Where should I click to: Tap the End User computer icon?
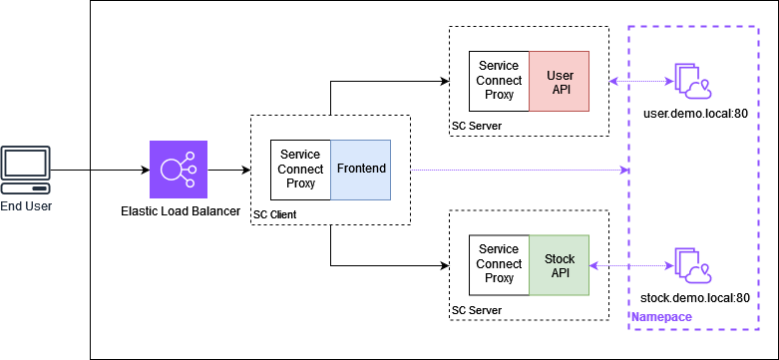(x=24, y=171)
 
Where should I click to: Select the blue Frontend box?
(x=360, y=170)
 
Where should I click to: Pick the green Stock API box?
(x=559, y=266)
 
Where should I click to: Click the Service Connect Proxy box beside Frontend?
(x=300, y=170)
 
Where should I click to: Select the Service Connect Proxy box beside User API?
(x=499, y=82)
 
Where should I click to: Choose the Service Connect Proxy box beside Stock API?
(x=499, y=266)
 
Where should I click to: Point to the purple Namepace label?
(x=660, y=317)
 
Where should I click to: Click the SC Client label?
(x=275, y=215)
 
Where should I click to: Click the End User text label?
(x=26, y=206)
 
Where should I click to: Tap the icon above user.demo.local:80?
(x=692, y=82)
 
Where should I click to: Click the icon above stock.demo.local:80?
(x=692, y=266)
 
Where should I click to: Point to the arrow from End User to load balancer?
(x=118, y=170)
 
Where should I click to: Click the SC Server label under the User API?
(x=477, y=127)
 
